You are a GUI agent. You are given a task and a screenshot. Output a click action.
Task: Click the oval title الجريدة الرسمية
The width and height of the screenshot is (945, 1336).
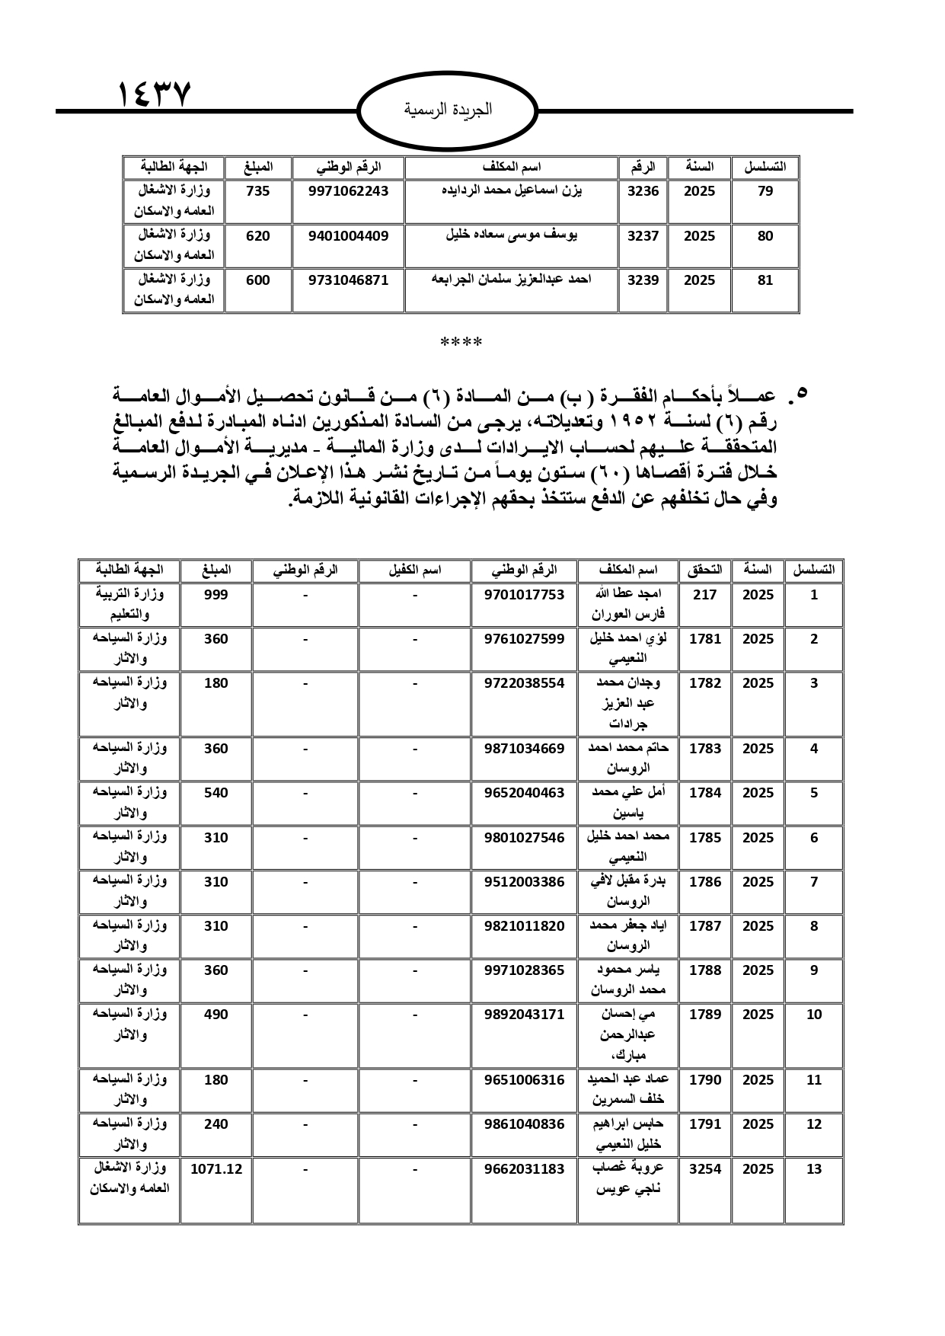click(448, 110)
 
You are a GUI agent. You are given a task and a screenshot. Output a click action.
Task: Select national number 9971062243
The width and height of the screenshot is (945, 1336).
click(349, 191)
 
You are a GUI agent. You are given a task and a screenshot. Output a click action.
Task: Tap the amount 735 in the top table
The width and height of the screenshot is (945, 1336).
click(258, 191)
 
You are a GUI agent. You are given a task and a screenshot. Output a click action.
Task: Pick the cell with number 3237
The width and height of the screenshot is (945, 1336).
click(643, 236)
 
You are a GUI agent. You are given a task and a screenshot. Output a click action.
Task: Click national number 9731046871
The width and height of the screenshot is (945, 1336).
click(349, 280)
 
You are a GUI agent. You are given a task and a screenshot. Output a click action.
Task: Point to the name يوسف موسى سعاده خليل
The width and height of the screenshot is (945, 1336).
click(511, 235)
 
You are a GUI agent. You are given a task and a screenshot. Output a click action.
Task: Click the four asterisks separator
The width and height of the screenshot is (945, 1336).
click(461, 343)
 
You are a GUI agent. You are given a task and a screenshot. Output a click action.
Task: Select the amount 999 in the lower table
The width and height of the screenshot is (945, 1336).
click(216, 595)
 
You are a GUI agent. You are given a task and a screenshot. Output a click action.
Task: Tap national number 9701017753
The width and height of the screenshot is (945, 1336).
click(525, 595)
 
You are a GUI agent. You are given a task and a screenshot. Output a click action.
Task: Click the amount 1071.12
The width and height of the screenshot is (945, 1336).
click(216, 1169)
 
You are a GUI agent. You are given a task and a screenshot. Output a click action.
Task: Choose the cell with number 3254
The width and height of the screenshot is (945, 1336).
click(705, 1169)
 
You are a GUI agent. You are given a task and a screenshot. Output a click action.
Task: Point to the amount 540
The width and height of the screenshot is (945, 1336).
click(216, 793)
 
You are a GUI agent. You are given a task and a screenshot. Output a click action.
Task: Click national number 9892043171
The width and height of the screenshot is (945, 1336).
click(525, 1015)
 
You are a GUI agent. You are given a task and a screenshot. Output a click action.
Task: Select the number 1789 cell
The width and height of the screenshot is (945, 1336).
click(705, 1015)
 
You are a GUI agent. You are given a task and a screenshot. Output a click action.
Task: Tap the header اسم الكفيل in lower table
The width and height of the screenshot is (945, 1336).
click(415, 570)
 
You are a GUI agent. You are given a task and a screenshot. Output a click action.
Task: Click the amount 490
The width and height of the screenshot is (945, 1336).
click(216, 1015)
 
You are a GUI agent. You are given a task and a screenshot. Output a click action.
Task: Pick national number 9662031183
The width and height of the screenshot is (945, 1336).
click(525, 1169)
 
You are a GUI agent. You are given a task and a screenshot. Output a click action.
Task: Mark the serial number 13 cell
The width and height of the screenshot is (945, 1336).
click(814, 1169)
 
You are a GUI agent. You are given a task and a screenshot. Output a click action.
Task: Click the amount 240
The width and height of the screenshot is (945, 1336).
click(216, 1124)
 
